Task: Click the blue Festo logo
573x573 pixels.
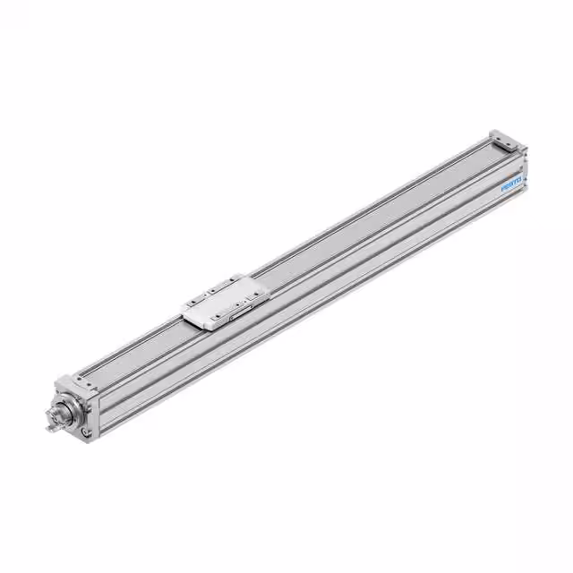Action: [512, 186]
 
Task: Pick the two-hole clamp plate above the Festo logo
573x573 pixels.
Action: [506, 144]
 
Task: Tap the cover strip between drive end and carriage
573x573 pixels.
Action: [134, 349]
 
